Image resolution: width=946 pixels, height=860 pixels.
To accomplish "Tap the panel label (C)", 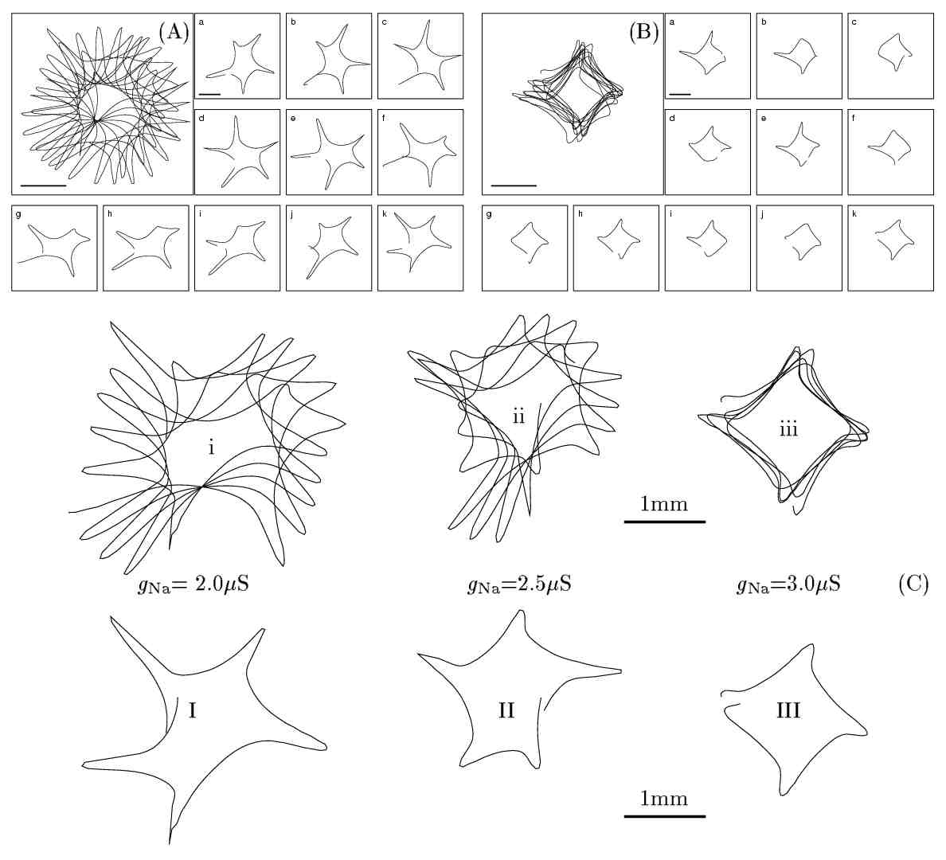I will point(913,584).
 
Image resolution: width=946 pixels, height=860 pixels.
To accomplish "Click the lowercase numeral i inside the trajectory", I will point(211,448).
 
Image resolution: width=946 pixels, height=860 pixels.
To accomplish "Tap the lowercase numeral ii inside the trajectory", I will point(518,416).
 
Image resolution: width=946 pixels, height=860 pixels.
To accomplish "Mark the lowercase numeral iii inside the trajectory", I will point(788,430).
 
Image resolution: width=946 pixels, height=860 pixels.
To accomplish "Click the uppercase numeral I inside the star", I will point(192,709).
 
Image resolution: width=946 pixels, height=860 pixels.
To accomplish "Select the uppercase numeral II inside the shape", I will point(506,709).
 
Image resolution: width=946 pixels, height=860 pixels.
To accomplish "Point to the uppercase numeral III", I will point(788,709).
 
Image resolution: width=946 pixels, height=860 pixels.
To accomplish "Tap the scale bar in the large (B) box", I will point(514,185).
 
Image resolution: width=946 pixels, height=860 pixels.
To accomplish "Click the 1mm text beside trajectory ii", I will point(663,504).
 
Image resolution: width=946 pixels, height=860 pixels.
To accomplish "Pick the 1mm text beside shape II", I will point(663,798).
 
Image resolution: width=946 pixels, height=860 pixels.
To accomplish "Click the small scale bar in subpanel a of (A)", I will point(209,94).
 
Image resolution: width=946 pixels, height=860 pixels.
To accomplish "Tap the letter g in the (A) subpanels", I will point(18,214).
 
